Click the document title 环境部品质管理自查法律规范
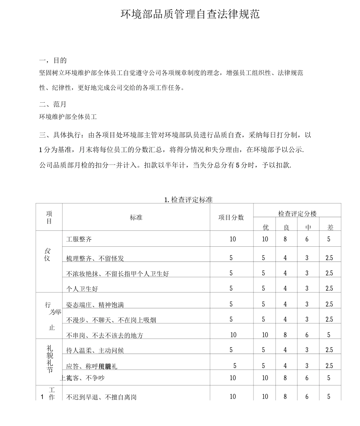coord(190,14)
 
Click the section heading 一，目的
coord(53,60)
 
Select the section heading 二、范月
coord(53,104)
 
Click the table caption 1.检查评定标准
coord(188,200)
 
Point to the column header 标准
coord(136,218)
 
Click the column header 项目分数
coord(231,218)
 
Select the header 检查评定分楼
coord(297,214)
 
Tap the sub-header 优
coord(266,227)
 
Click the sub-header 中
coord(308,227)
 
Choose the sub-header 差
coord(330,227)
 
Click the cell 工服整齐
coord(79,239)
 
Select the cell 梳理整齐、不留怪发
coord(95,258)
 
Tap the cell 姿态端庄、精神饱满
coord(95,305)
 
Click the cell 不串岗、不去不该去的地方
coord(105,335)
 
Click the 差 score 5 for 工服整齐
coord(329,239)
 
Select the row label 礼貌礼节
coord(50,359)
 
